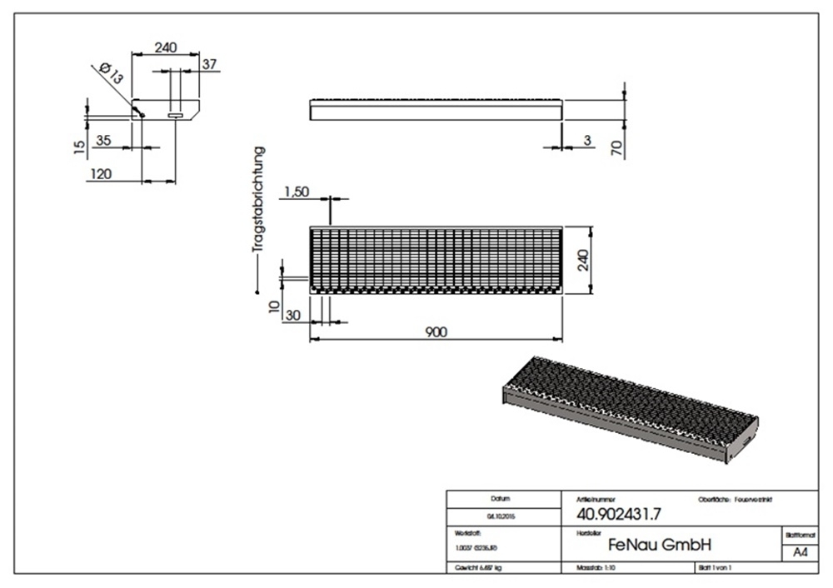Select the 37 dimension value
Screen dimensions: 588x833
tap(209, 65)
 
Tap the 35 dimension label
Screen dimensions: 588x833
tap(103, 140)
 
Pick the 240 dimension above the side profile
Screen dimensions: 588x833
tap(165, 48)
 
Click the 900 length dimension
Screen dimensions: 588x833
tap(436, 331)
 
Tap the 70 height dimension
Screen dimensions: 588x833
tap(617, 147)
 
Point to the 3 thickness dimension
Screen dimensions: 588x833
tap(587, 141)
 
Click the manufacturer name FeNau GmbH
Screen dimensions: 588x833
tap(659, 546)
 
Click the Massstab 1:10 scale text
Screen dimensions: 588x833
tap(596, 567)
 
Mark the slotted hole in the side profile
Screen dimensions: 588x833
tap(176, 116)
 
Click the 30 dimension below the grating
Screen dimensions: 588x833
tap(293, 314)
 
